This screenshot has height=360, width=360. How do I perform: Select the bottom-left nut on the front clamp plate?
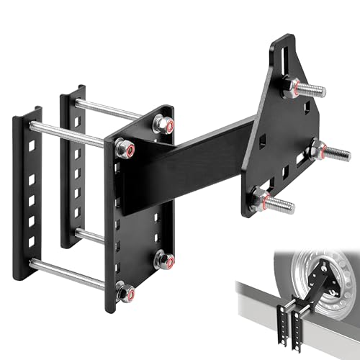[x=124, y=292]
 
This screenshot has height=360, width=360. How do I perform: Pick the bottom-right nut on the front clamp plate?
[x=163, y=259]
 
